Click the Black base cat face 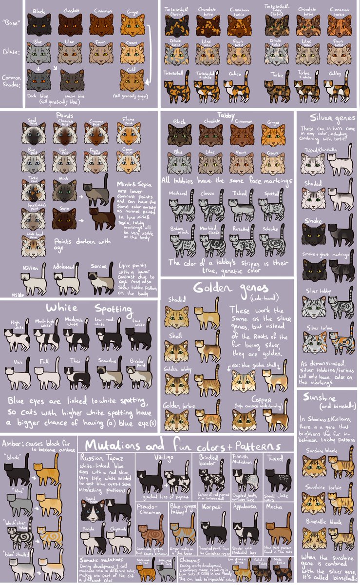pos(39,24)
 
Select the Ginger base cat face pos(132,24)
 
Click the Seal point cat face pos(34,134)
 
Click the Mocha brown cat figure pos(278,532)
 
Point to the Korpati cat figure pos(213,532)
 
